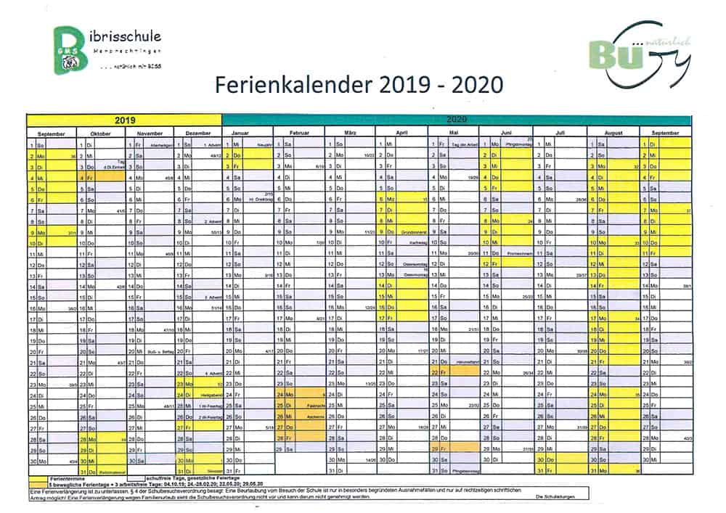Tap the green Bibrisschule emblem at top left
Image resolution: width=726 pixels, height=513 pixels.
(73, 49)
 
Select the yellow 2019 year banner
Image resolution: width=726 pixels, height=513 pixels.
(124, 119)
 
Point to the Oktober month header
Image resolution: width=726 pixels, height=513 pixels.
(100, 134)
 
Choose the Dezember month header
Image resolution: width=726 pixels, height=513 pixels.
(198, 134)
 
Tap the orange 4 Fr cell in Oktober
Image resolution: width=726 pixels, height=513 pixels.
(88, 176)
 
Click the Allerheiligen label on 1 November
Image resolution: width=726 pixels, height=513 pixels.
(160, 145)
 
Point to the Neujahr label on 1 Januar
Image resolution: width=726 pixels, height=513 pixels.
(263, 145)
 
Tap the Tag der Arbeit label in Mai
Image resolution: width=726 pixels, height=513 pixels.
(463, 145)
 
